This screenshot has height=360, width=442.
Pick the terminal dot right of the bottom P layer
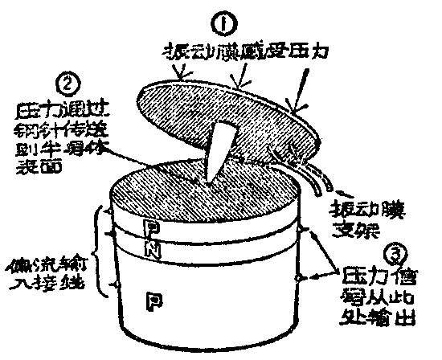(x=298, y=278)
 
